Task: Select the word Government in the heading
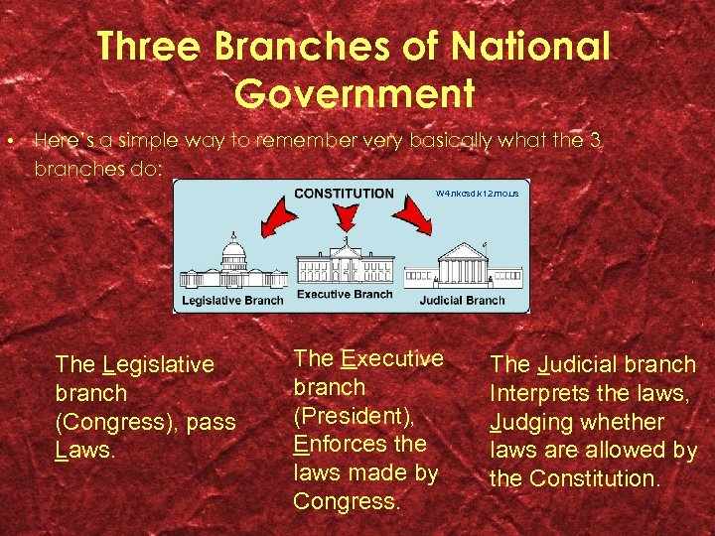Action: click(356, 94)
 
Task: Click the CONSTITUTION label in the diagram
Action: click(345, 194)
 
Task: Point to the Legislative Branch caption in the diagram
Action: click(232, 300)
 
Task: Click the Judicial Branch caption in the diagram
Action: click(462, 300)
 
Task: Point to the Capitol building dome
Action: click(233, 248)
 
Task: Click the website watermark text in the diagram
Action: click(477, 194)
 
